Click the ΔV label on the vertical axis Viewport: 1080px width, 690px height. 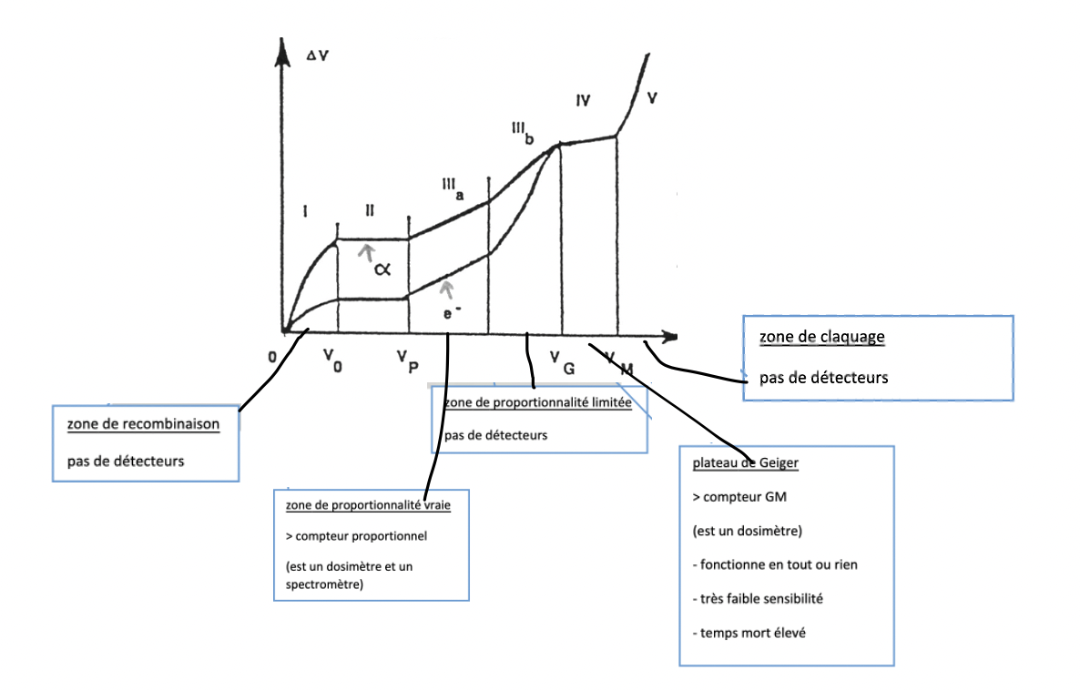pos(317,56)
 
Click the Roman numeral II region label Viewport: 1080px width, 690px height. pos(371,211)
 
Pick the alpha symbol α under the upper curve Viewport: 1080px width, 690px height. pos(382,269)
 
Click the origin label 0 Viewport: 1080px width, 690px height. pos(271,357)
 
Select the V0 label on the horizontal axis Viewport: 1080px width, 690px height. pos(331,360)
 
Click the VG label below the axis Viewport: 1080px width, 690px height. pos(562,361)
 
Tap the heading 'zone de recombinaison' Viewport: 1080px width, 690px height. pos(142,423)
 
